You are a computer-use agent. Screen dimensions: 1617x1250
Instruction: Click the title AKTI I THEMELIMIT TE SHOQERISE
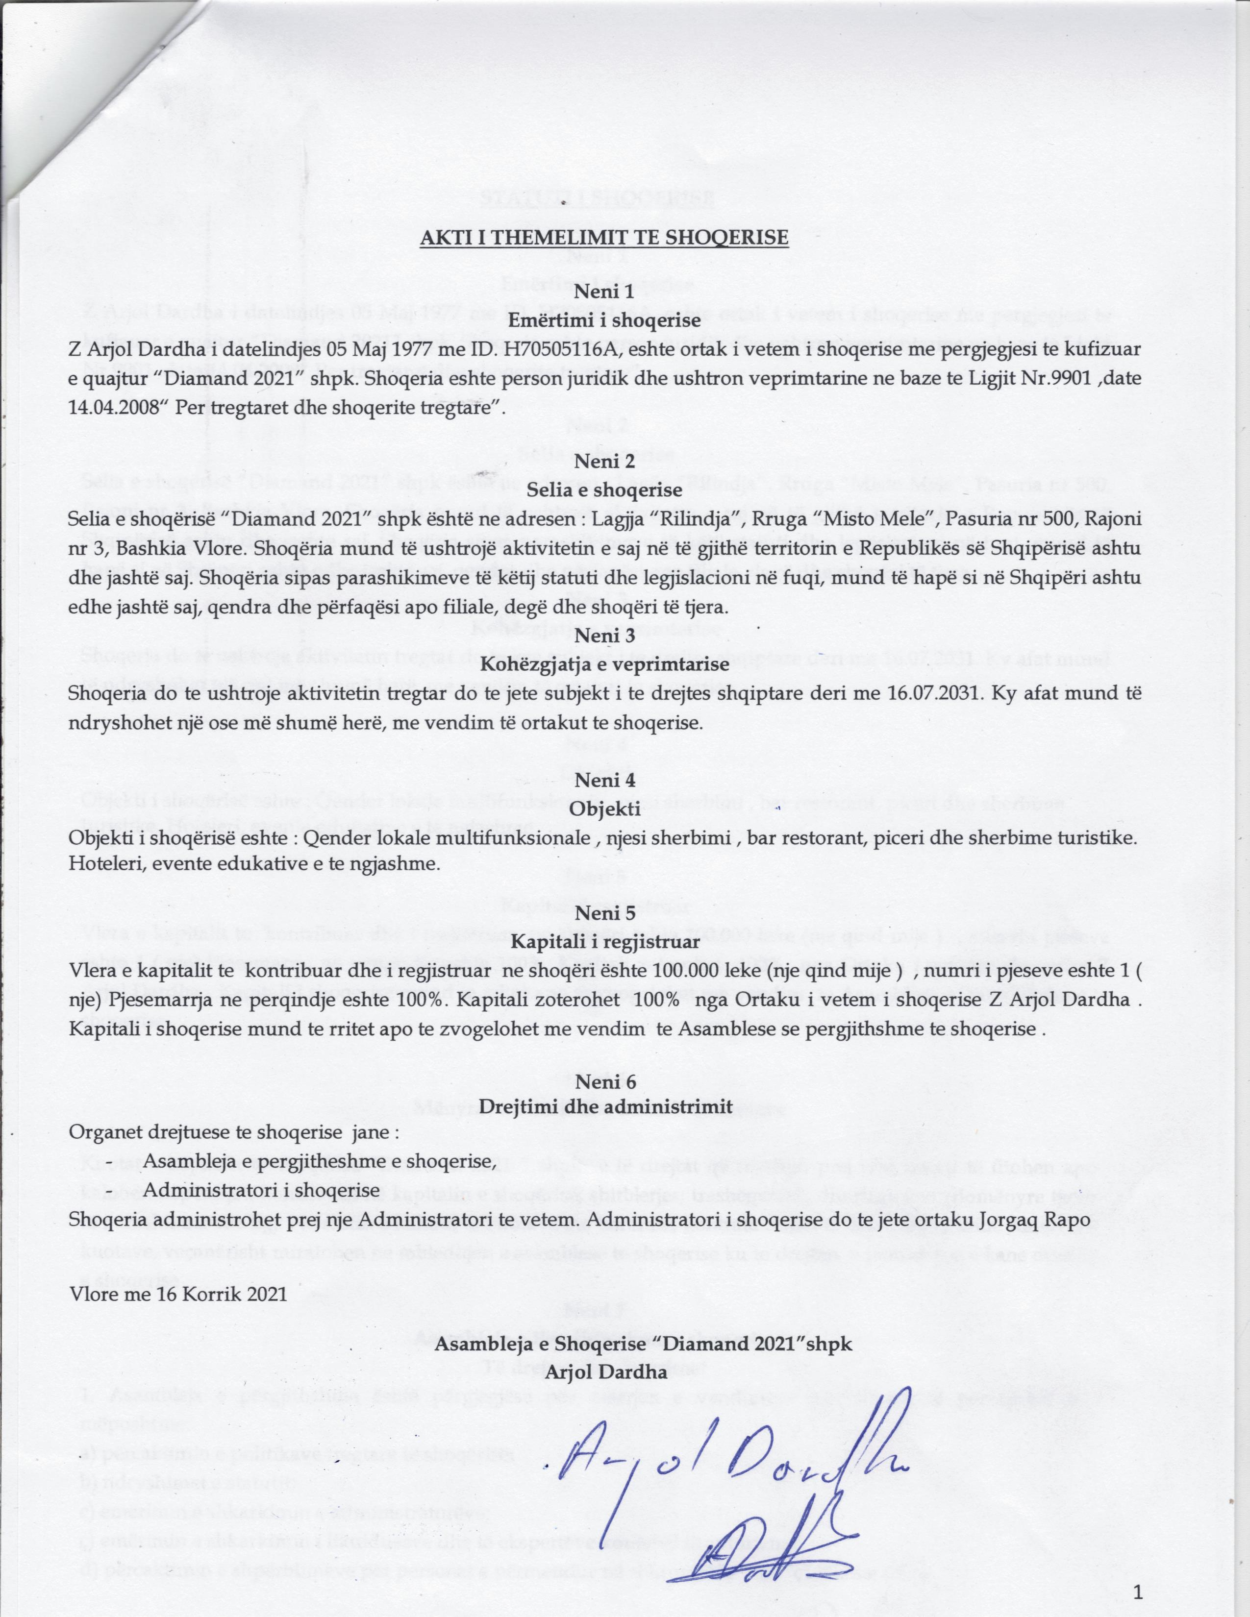(x=604, y=239)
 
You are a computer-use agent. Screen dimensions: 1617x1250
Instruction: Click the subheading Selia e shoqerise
(x=604, y=490)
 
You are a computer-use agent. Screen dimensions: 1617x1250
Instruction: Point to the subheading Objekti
(x=604, y=809)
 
